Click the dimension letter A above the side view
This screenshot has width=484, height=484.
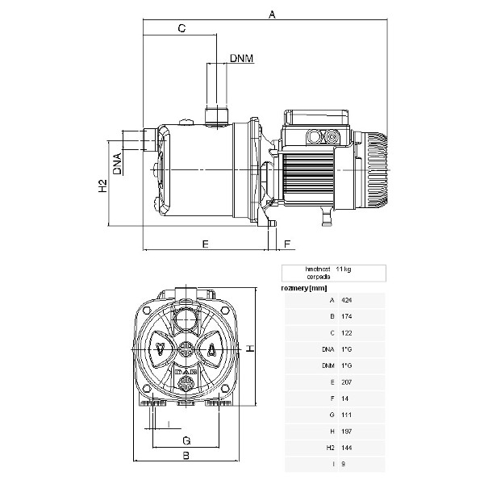pyautogui.click(x=272, y=15)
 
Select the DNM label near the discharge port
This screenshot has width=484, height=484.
pyautogui.click(x=242, y=58)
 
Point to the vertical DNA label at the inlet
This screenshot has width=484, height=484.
pyautogui.click(x=118, y=163)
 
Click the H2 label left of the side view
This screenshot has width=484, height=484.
pyautogui.click(x=102, y=187)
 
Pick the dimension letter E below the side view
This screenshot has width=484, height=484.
pyautogui.click(x=205, y=243)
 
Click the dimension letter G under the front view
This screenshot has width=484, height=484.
pyautogui.click(x=186, y=440)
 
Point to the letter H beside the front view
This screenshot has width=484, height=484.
pyautogui.click(x=250, y=348)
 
